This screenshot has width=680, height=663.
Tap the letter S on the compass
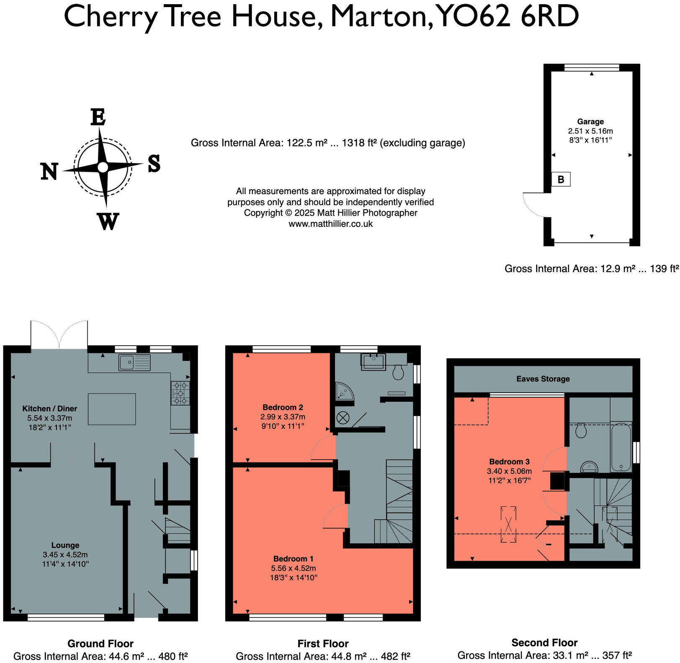154,163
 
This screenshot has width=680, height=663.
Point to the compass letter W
108,221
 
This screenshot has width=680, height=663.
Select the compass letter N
49,171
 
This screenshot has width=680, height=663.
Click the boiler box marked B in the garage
561,179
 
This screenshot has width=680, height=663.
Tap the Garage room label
590,121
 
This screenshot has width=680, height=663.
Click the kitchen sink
134,362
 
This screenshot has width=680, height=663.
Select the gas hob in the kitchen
180,393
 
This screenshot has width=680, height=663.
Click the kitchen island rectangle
112,409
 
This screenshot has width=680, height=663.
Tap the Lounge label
65,545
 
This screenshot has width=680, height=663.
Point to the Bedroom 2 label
283,407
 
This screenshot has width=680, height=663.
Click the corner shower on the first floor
344,391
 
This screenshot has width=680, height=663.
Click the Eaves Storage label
543,379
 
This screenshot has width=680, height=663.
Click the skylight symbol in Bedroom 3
508,524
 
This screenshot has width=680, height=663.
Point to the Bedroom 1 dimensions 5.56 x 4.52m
294,568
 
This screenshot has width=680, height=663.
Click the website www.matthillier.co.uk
331,224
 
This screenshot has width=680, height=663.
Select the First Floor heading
323,643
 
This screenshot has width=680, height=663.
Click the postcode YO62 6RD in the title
508,17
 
